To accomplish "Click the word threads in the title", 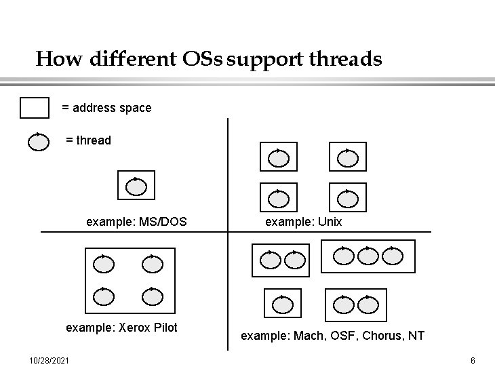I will coord(345,59).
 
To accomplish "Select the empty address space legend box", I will coord(35,108).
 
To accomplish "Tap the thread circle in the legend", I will coord(39,141).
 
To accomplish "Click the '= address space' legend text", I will coord(106,108).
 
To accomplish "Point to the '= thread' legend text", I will coord(88,140).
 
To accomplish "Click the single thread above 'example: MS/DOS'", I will coord(136,186).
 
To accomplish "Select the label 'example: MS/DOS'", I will coord(136,222).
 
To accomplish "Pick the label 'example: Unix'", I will coord(303,222).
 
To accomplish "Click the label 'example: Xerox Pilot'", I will coord(121,328).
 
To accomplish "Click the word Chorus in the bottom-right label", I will coord(380,336).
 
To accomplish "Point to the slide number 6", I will coord(473,359).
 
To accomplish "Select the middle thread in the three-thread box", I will coord(368,256).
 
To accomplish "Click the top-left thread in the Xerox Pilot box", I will coord(103,264).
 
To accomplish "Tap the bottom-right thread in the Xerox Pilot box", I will coord(153,296).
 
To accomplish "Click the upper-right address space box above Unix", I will coord(347,157).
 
